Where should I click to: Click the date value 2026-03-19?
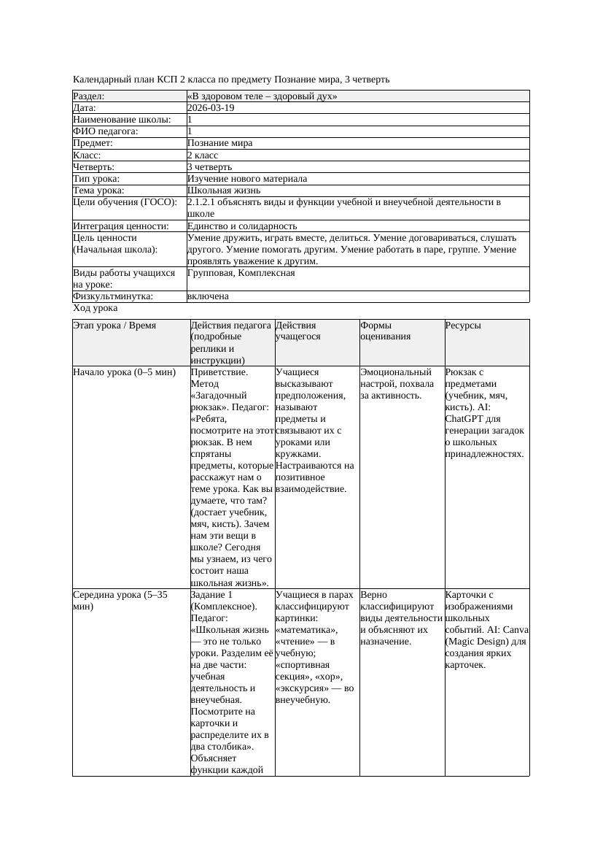(x=211, y=108)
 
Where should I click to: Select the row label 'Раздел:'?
(x=89, y=96)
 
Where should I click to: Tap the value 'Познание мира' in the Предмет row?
(x=219, y=143)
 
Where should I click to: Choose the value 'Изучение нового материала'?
(x=246, y=179)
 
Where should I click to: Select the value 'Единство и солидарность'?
(x=241, y=226)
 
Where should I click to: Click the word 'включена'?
(x=208, y=296)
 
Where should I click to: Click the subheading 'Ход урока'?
(x=95, y=308)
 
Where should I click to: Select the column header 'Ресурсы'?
(x=463, y=326)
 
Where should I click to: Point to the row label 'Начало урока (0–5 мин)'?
(x=125, y=372)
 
